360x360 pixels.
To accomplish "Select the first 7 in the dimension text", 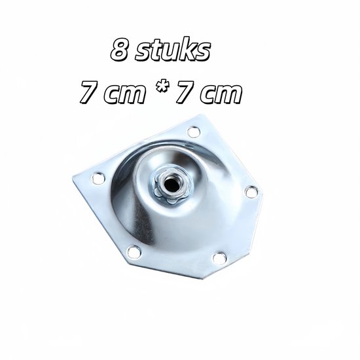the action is coord(90,93).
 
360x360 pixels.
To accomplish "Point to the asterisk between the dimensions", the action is coord(160,90).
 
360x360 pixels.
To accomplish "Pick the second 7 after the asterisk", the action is coord(185,93).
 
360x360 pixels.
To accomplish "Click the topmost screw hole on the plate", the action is coord(194,132).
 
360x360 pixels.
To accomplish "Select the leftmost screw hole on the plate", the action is coord(98,178).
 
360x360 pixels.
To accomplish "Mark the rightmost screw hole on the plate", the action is coord(251,192).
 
